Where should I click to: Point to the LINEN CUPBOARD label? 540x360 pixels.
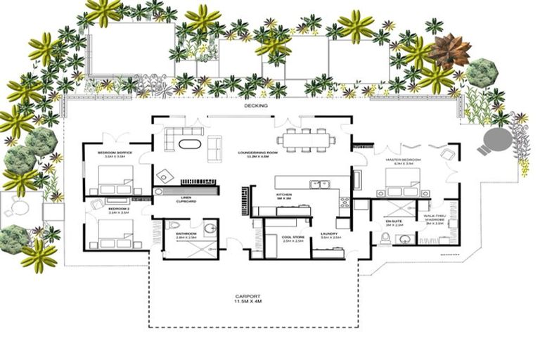[186, 200]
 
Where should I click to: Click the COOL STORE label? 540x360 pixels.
[292, 238]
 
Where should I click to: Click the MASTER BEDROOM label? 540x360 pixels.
[403, 160]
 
